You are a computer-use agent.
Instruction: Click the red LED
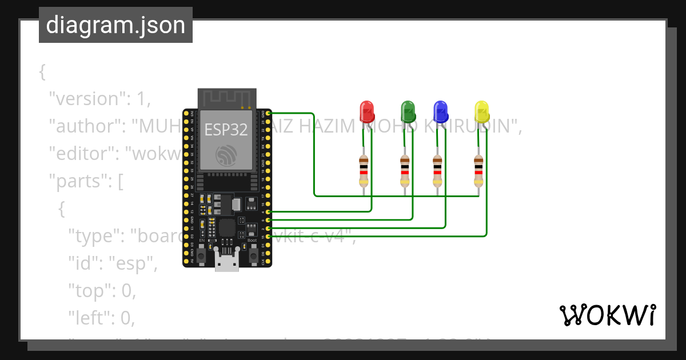(x=366, y=111)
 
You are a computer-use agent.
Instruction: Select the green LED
(x=408, y=111)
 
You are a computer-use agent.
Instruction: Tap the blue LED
(x=440, y=111)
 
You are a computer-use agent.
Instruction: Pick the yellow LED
(x=482, y=111)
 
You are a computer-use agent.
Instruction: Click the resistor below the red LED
(x=364, y=171)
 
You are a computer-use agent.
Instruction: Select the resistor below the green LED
(x=405, y=171)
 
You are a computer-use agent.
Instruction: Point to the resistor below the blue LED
(x=437, y=171)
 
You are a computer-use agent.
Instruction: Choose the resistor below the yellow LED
(x=478, y=171)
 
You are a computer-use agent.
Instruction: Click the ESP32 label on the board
(x=226, y=130)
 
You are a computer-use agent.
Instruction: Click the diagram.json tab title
(x=115, y=25)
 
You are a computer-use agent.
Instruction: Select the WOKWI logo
(x=607, y=315)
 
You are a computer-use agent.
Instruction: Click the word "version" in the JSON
(x=86, y=99)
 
